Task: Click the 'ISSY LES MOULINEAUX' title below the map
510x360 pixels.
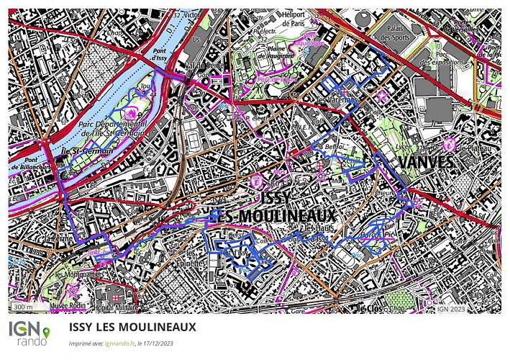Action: pyautogui.click(x=133, y=326)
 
